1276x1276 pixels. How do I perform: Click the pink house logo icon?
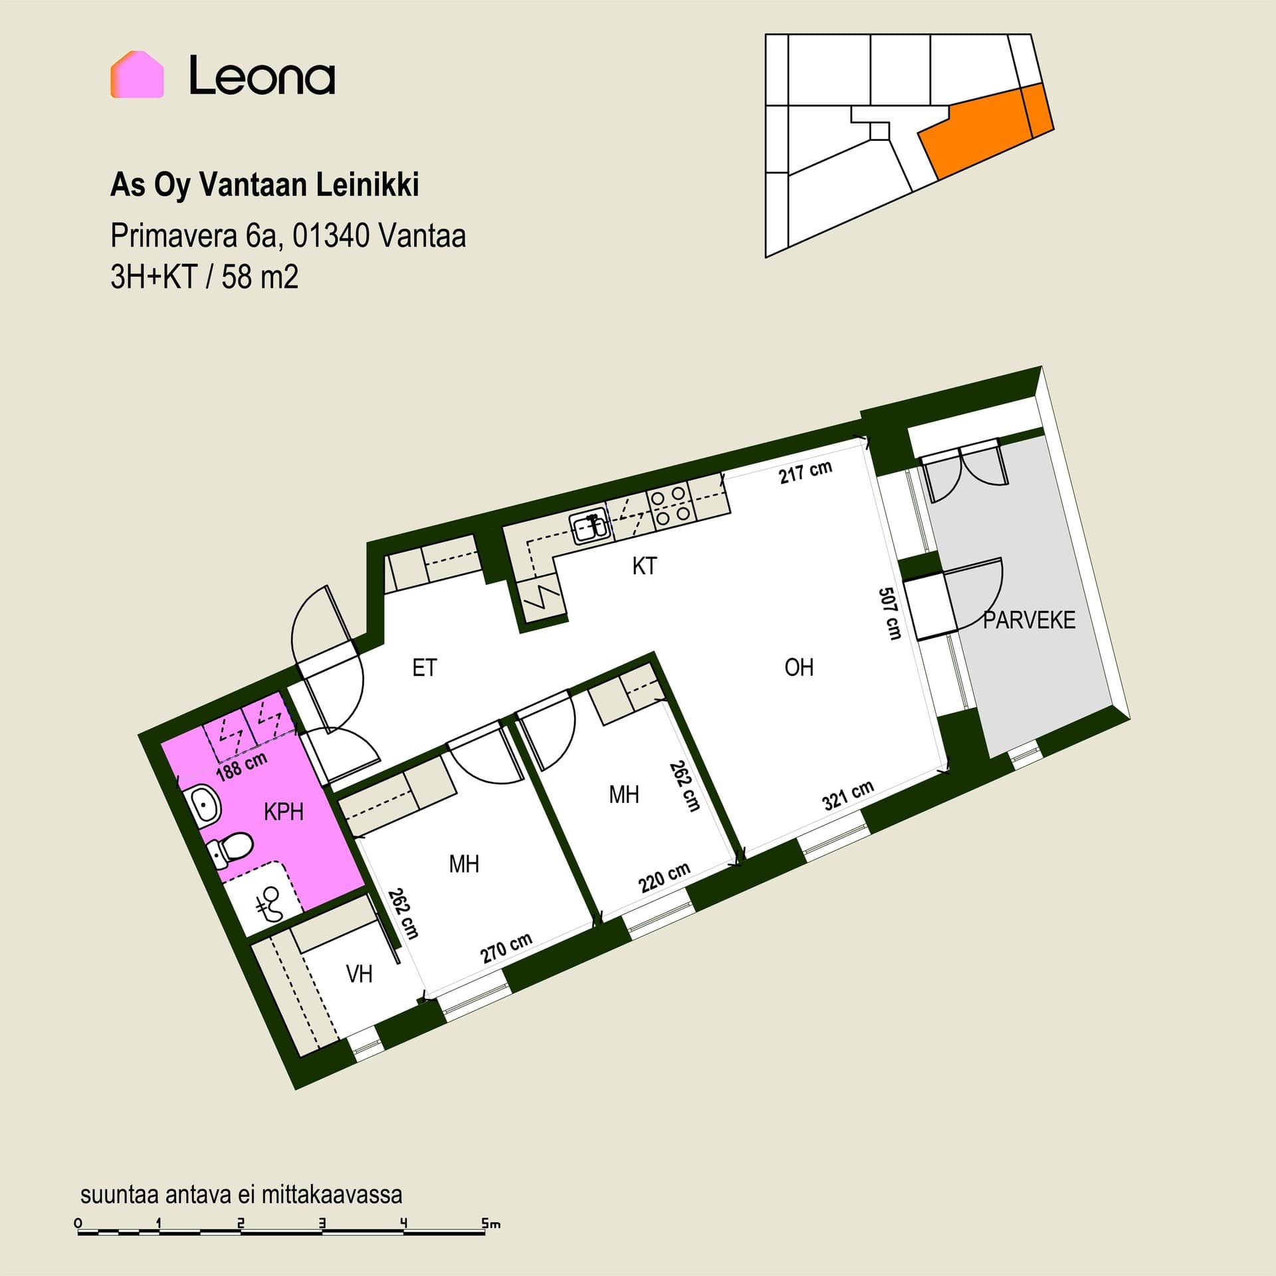pos(137,74)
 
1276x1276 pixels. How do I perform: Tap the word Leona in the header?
pos(262,75)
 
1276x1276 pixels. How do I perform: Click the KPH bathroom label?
pos(284,811)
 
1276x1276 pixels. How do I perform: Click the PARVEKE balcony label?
pos(1029,620)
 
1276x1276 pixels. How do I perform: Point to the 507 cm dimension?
pos(890,613)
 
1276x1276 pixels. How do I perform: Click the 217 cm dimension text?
pos(805,472)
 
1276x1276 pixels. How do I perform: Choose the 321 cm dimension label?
pos(848,796)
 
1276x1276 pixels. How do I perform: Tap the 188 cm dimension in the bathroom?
pos(242,765)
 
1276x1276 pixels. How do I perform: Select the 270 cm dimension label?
pos(506,948)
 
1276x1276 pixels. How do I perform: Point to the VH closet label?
pos(360,974)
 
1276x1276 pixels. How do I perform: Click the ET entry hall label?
pos(425,667)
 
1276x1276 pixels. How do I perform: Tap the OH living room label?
pos(799,667)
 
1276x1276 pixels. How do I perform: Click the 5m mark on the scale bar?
pos(491,1223)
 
